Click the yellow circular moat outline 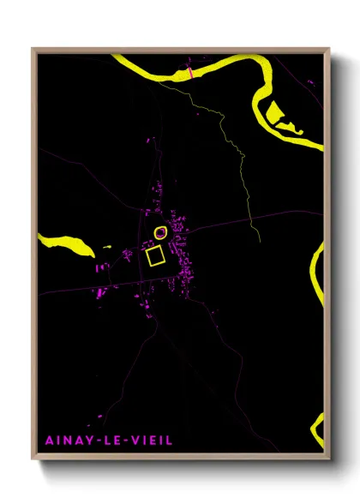[160, 232]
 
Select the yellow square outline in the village [155, 256]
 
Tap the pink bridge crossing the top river [190, 74]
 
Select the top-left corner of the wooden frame [33, 50]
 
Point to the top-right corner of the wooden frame [329, 50]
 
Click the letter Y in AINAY [88, 441]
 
